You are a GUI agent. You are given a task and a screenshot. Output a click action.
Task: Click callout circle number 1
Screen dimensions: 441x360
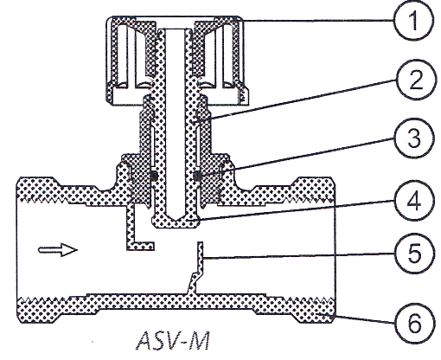(413, 20)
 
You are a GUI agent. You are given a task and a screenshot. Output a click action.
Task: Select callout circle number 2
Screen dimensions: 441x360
(415, 80)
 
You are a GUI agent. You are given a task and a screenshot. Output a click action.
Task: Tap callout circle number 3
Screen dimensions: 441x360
(413, 138)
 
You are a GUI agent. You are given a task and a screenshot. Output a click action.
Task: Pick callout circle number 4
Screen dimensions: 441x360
(414, 200)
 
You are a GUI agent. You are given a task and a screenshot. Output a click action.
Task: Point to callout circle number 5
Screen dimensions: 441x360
(414, 253)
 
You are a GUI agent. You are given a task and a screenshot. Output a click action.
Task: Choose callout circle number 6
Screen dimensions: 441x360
(414, 323)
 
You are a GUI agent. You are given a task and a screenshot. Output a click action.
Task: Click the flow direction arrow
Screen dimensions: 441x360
(58, 250)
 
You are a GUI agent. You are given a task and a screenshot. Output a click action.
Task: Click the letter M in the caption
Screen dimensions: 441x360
(199, 341)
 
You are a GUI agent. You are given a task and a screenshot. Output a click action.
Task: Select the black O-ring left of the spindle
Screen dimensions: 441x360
(154, 176)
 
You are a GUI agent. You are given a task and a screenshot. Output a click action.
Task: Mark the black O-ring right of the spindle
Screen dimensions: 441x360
(197, 176)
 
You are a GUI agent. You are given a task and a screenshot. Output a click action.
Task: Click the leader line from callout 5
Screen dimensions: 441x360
(298, 256)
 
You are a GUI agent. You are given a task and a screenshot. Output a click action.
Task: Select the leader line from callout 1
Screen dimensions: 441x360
(317, 21)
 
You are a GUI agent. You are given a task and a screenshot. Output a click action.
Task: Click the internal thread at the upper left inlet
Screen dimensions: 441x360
(44, 199)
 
